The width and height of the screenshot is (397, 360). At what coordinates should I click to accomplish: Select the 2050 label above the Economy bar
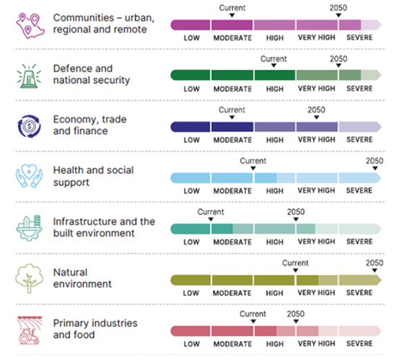(316, 110)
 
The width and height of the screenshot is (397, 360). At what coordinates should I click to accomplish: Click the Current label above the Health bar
(253, 161)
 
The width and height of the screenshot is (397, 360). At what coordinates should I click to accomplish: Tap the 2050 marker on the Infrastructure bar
(295, 221)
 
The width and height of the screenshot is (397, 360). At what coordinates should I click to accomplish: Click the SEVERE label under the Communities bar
(359, 38)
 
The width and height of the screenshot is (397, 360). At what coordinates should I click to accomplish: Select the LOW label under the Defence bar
(191, 89)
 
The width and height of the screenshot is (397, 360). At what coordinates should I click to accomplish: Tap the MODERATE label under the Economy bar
(232, 139)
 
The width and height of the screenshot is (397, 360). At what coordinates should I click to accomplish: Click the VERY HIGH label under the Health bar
(316, 190)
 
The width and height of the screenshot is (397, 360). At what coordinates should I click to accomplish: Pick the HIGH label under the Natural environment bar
(274, 293)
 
